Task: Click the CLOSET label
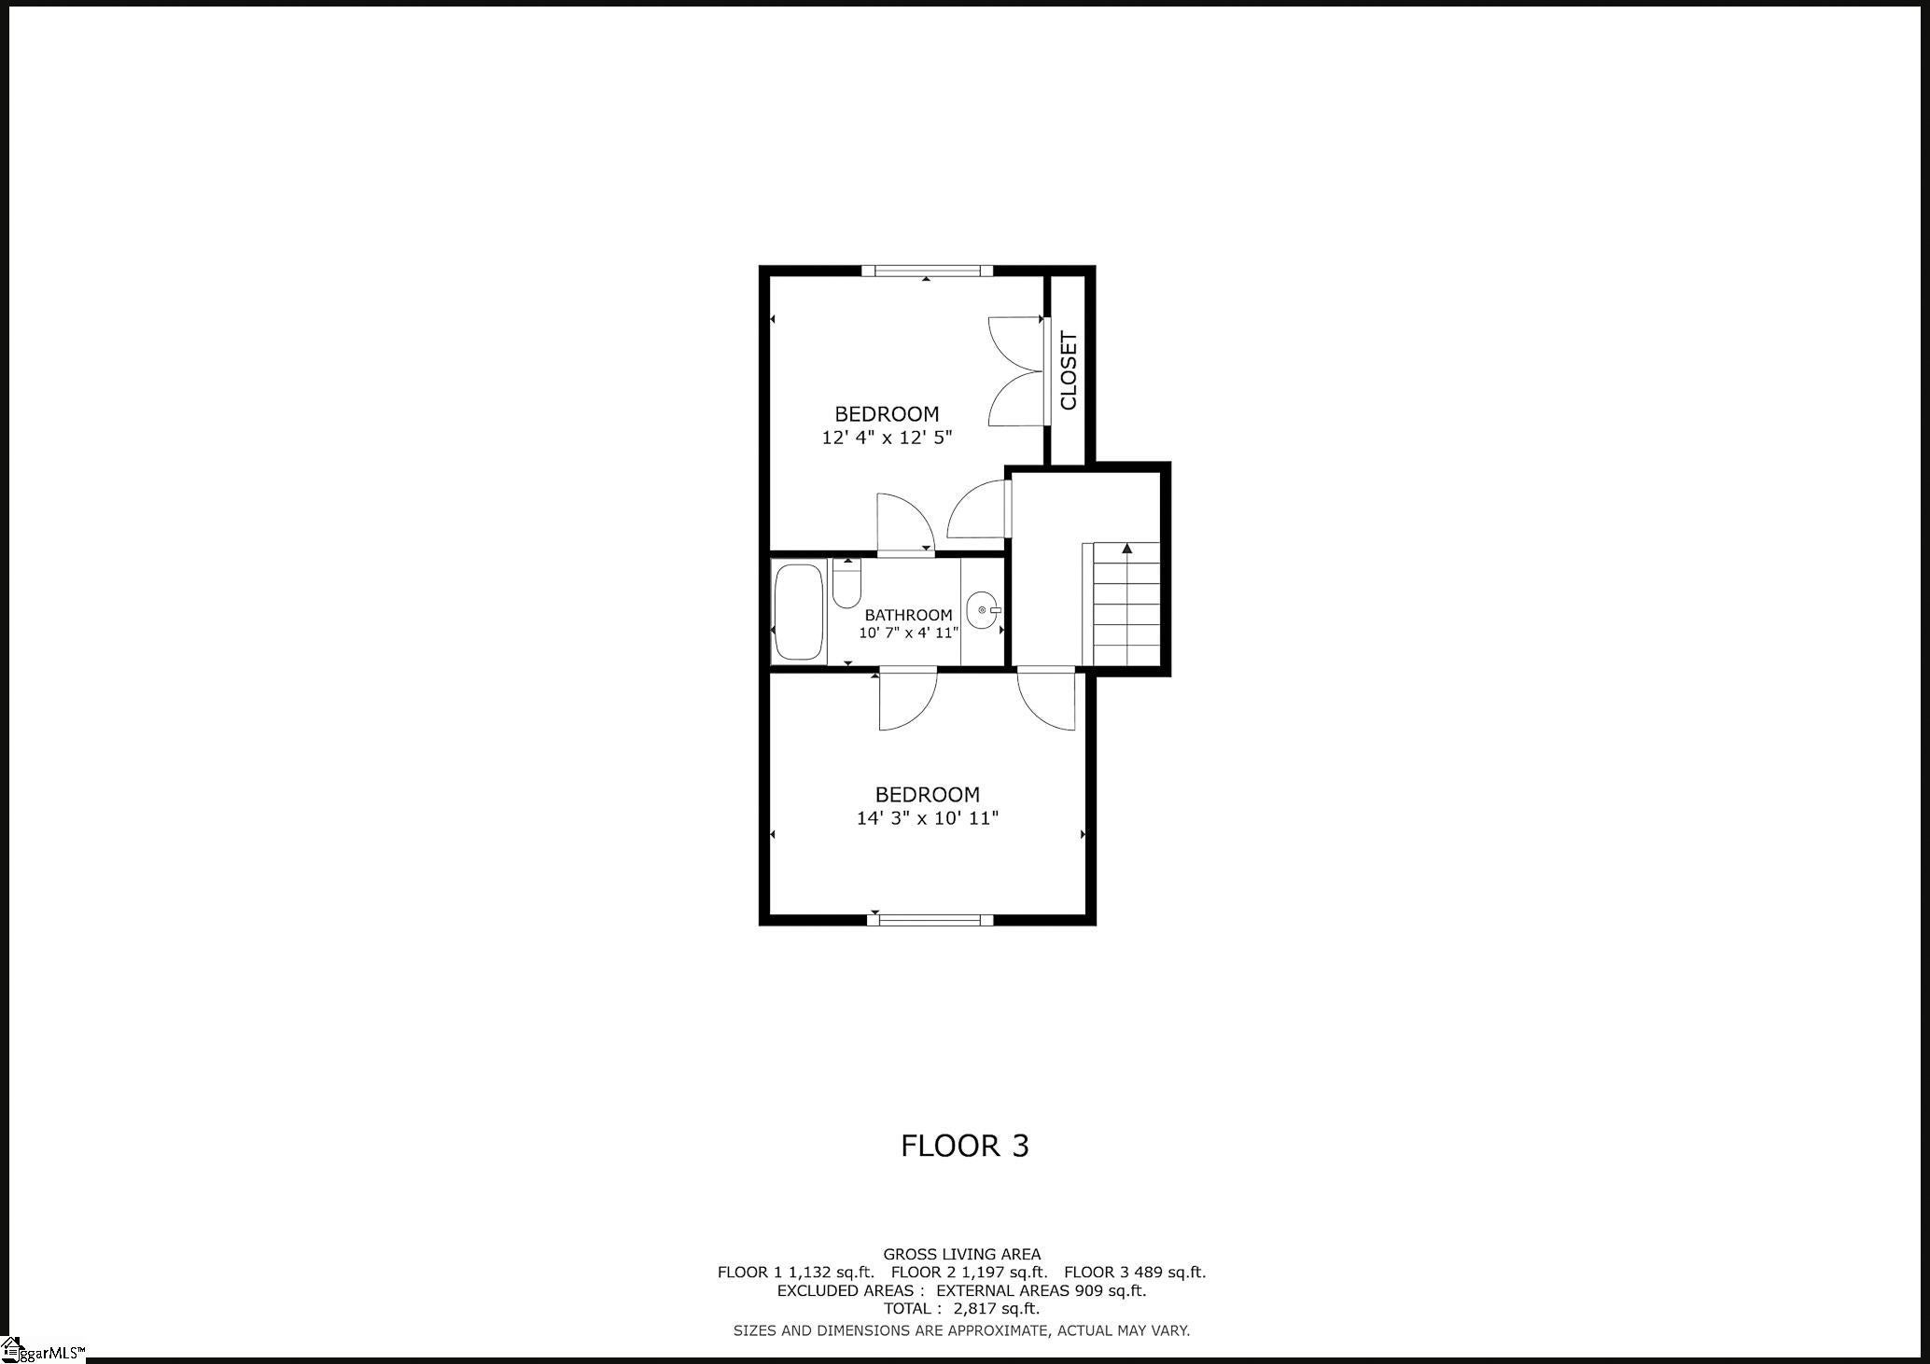[1069, 370]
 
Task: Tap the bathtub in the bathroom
[799, 611]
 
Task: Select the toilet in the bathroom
[846, 586]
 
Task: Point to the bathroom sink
[983, 610]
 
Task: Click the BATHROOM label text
[908, 615]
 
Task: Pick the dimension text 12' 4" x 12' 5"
[887, 438]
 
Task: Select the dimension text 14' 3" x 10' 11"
[928, 818]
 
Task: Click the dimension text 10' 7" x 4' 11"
[909, 633]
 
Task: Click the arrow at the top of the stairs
[1127, 549]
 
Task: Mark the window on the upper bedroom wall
[927, 271]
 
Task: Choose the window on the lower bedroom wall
[930, 920]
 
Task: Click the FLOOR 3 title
[964, 1146]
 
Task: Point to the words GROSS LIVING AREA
[961, 1254]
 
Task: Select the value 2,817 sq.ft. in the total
[996, 1308]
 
